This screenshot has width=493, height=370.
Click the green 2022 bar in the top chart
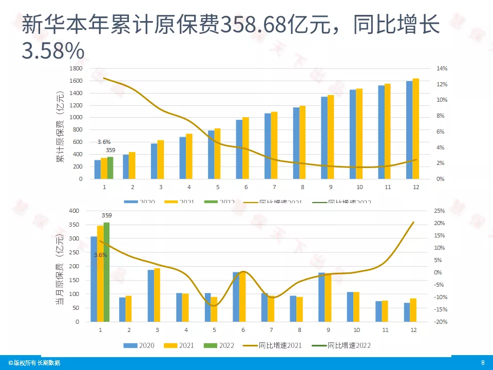click(110, 168)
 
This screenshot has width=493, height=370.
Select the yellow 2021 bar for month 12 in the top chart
click(416, 128)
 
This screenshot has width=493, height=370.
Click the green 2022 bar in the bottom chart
click(107, 272)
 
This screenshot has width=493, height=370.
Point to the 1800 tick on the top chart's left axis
click(76, 68)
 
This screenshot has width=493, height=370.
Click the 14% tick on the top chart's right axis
click(428, 68)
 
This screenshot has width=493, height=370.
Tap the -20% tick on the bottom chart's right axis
click(427, 322)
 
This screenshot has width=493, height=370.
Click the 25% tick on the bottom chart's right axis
click(426, 211)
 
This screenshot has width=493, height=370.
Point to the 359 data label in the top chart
click(110, 150)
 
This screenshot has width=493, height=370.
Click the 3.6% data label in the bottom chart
click(100, 255)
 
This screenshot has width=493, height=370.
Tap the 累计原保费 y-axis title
click(60, 126)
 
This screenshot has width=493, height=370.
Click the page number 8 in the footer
click(482, 363)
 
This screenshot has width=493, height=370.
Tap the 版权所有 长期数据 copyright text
click(34, 363)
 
